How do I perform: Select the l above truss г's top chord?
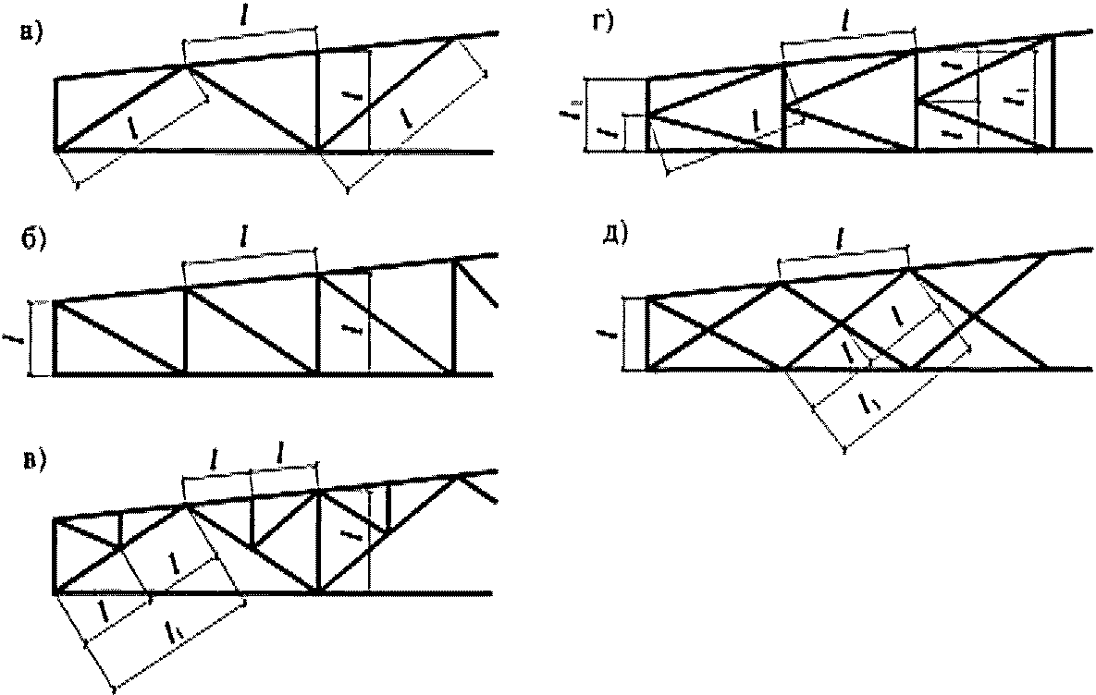[847, 18]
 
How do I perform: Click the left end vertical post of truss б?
[55, 336]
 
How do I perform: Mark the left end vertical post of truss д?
[647, 333]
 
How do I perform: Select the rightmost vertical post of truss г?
[1053, 92]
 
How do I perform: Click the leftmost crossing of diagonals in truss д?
[708, 330]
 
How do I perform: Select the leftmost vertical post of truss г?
[647, 115]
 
